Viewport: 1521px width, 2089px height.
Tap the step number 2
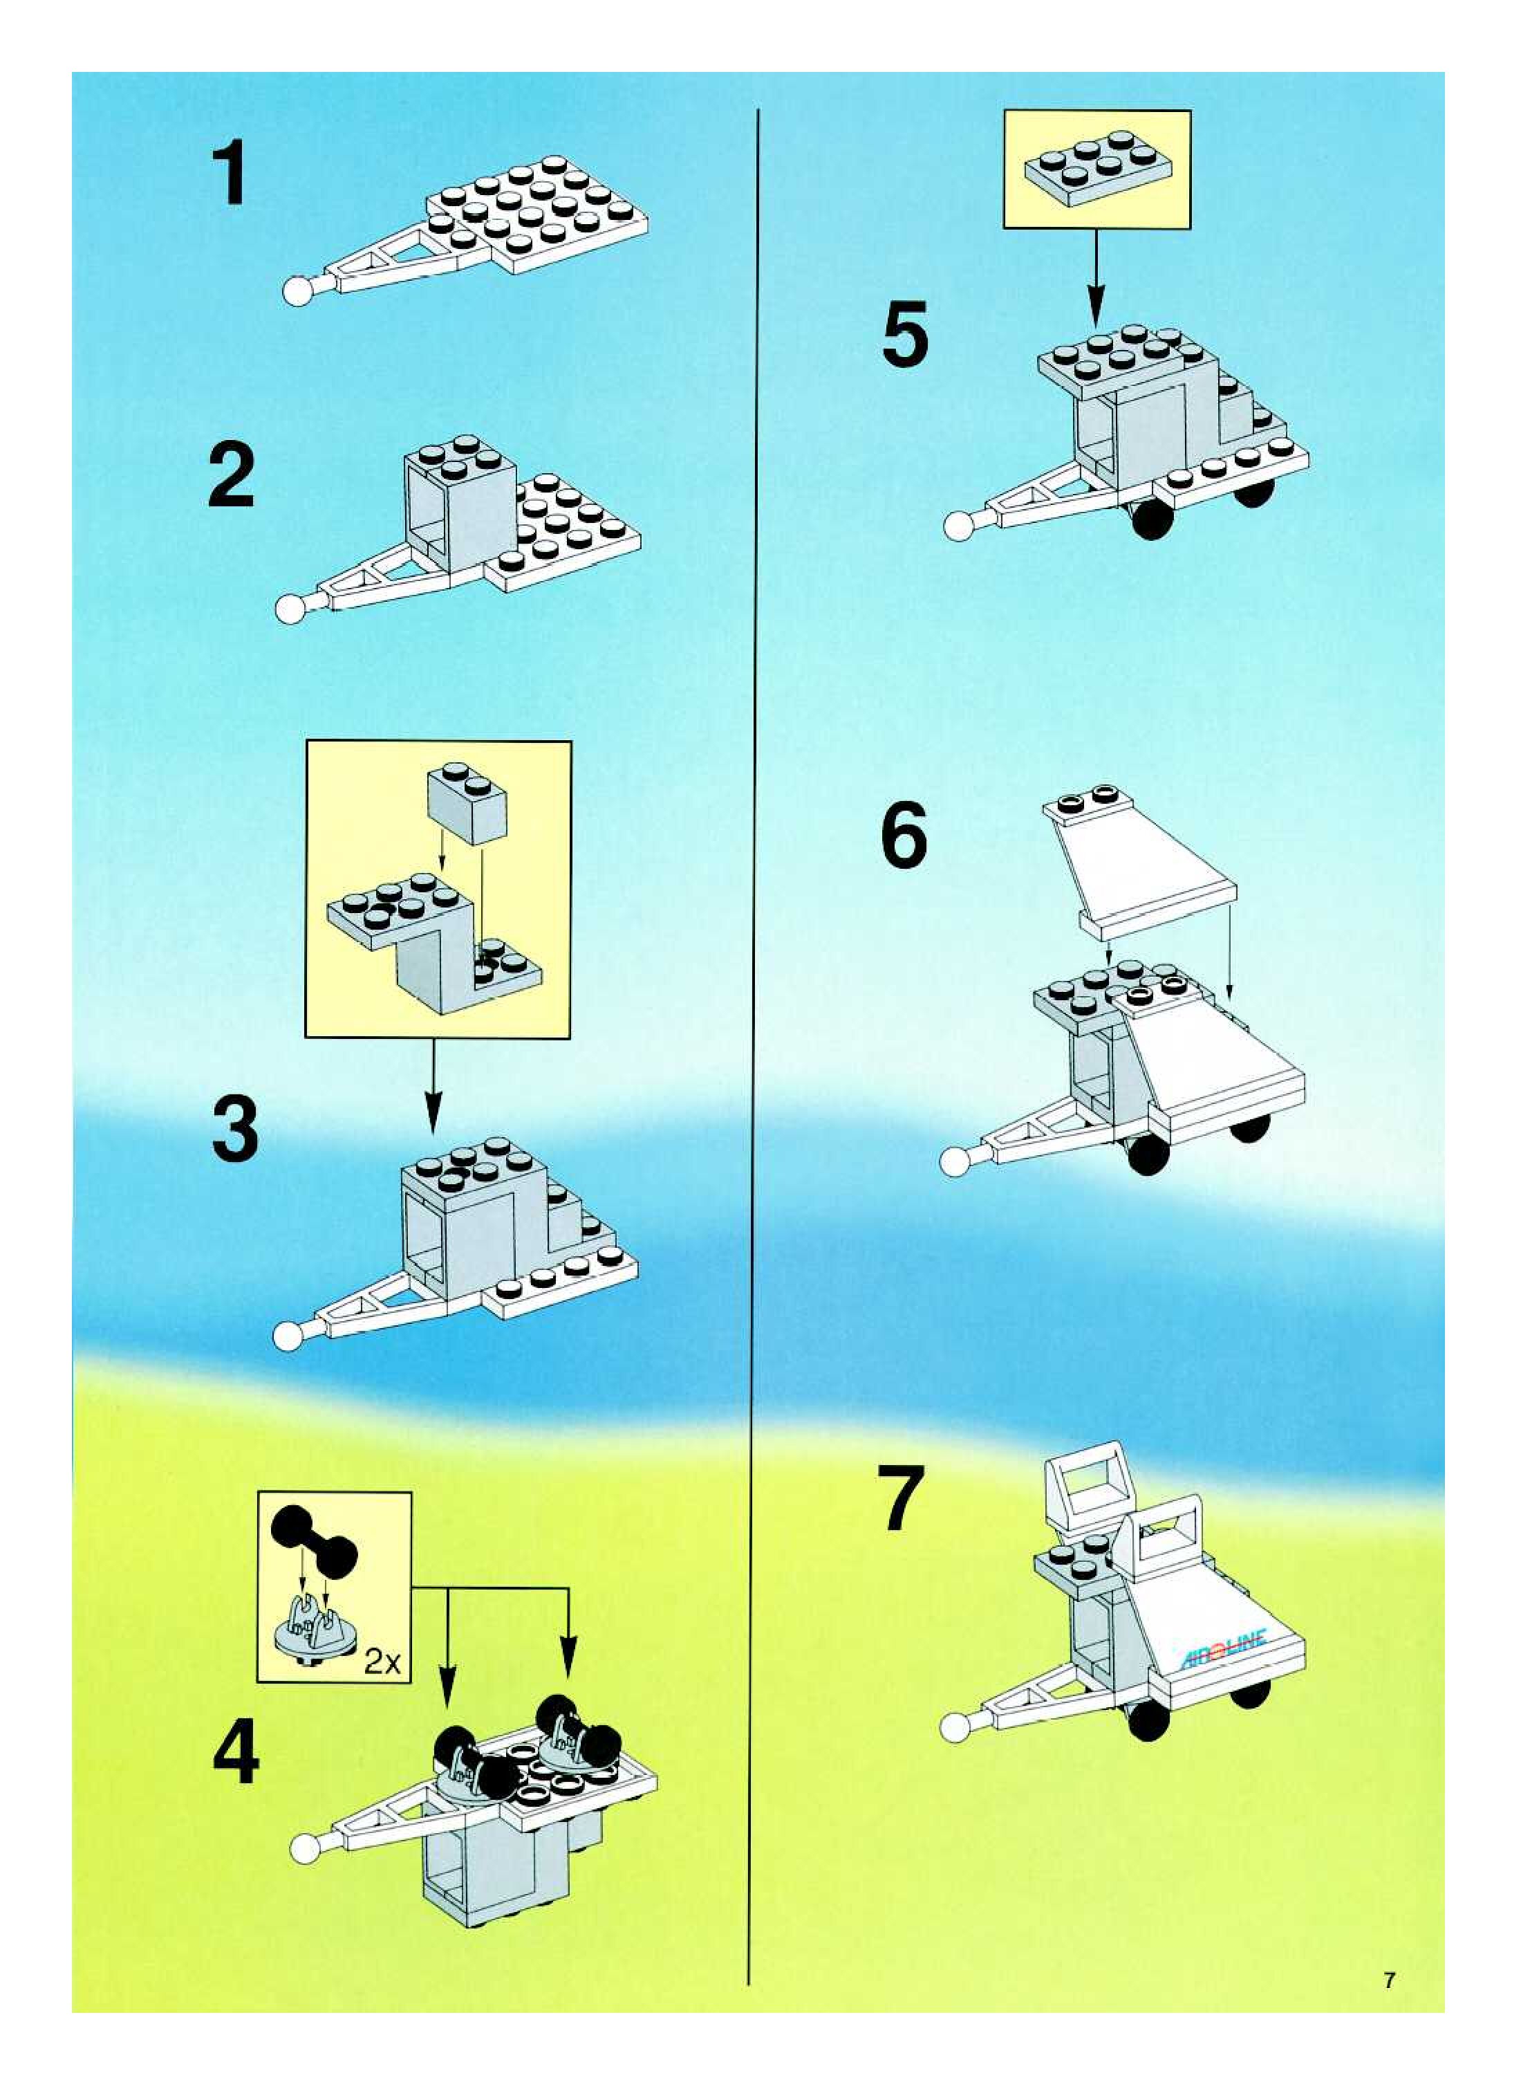[x=231, y=475]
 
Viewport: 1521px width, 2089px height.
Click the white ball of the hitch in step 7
[x=958, y=1725]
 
